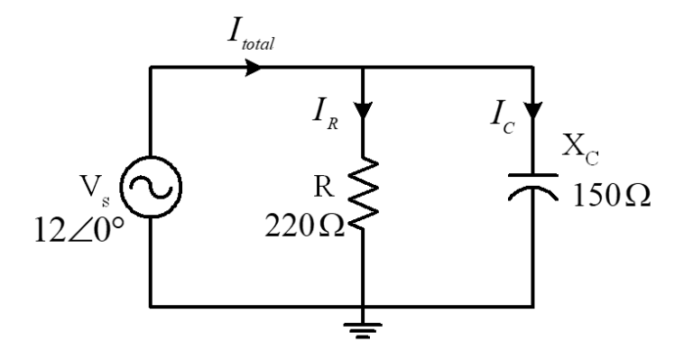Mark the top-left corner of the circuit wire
point(151,68)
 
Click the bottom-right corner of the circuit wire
point(535,305)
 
